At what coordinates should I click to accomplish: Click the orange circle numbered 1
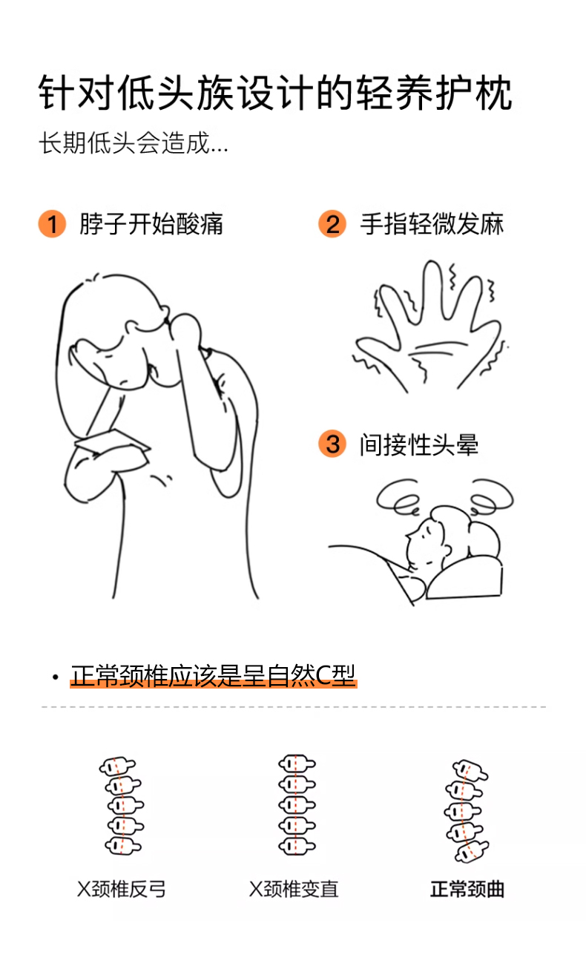pyautogui.click(x=52, y=224)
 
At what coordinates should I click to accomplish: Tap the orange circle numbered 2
pyautogui.click(x=332, y=224)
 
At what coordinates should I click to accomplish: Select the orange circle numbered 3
pyautogui.click(x=332, y=444)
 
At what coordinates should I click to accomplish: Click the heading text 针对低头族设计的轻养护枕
pyautogui.click(x=275, y=93)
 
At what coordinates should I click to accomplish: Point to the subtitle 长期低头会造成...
pyautogui.click(x=125, y=142)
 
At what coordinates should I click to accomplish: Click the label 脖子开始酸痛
pyautogui.click(x=151, y=224)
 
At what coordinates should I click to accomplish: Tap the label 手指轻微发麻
pyautogui.click(x=432, y=224)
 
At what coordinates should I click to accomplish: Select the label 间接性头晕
pyautogui.click(x=419, y=444)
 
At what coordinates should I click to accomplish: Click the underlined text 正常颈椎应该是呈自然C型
pyautogui.click(x=213, y=676)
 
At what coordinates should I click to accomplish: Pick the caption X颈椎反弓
pyautogui.click(x=122, y=889)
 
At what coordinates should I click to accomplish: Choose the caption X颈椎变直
pyautogui.click(x=294, y=889)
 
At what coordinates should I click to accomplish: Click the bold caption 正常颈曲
pyautogui.click(x=467, y=889)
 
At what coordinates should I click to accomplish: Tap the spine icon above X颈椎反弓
pyautogui.click(x=122, y=806)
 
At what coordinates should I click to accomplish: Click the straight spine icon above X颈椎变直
pyautogui.click(x=297, y=804)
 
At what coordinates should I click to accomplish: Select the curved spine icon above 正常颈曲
pyautogui.click(x=466, y=810)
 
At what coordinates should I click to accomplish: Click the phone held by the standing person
pyautogui.click(x=112, y=441)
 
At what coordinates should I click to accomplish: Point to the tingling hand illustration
pyautogui.click(x=431, y=326)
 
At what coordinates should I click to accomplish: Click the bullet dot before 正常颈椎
pyautogui.click(x=55, y=677)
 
